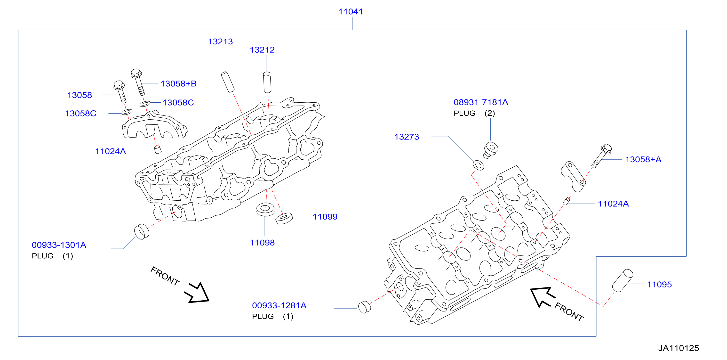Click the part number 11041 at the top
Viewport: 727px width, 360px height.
tap(351, 12)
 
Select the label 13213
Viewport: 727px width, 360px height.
tap(220, 41)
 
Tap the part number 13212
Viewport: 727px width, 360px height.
tap(262, 50)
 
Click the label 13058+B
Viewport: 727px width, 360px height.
tap(178, 84)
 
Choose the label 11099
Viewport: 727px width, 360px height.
tap(325, 217)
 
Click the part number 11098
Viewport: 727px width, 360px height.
tap(262, 243)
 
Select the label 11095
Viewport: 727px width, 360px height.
tap(659, 284)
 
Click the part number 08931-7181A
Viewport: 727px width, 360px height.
tap(481, 102)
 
